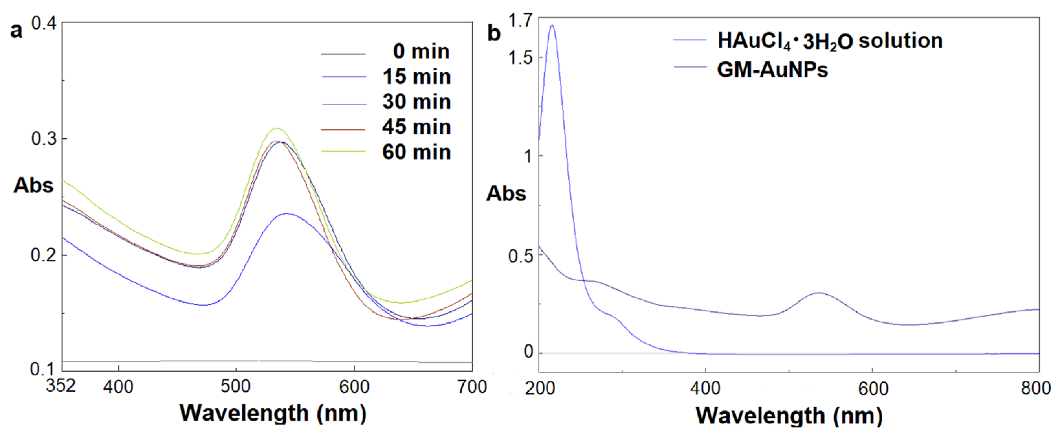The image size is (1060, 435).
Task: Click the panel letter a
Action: tap(16, 31)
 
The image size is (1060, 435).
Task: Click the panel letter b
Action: tap(494, 33)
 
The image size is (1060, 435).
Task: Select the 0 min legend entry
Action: tap(421, 52)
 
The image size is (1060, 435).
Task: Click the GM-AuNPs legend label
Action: tap(772, 70)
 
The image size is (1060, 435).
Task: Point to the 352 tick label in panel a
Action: tap(61, 386)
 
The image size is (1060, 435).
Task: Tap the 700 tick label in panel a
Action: tap(472, 387)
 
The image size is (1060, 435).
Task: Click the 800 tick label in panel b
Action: tap(1035, 388)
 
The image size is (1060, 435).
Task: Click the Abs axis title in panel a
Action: tap(33, 185)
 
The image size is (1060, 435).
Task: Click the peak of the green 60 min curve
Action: tap(277, 128)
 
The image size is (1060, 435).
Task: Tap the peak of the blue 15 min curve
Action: tap(286, 214)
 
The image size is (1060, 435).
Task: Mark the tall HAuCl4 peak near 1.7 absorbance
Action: tap(552, 25)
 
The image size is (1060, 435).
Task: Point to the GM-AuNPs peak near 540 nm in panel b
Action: tap(819, 293)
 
